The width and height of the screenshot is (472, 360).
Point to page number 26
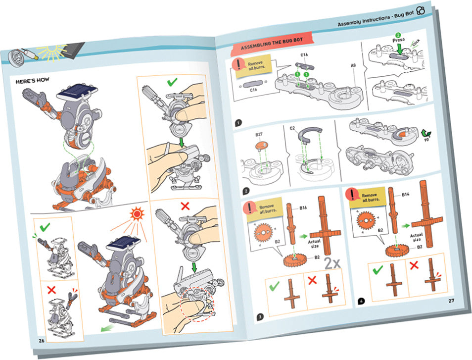42,339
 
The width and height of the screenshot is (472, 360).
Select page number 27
451,301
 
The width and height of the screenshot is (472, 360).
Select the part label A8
354,65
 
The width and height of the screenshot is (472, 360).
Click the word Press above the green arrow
398,40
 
